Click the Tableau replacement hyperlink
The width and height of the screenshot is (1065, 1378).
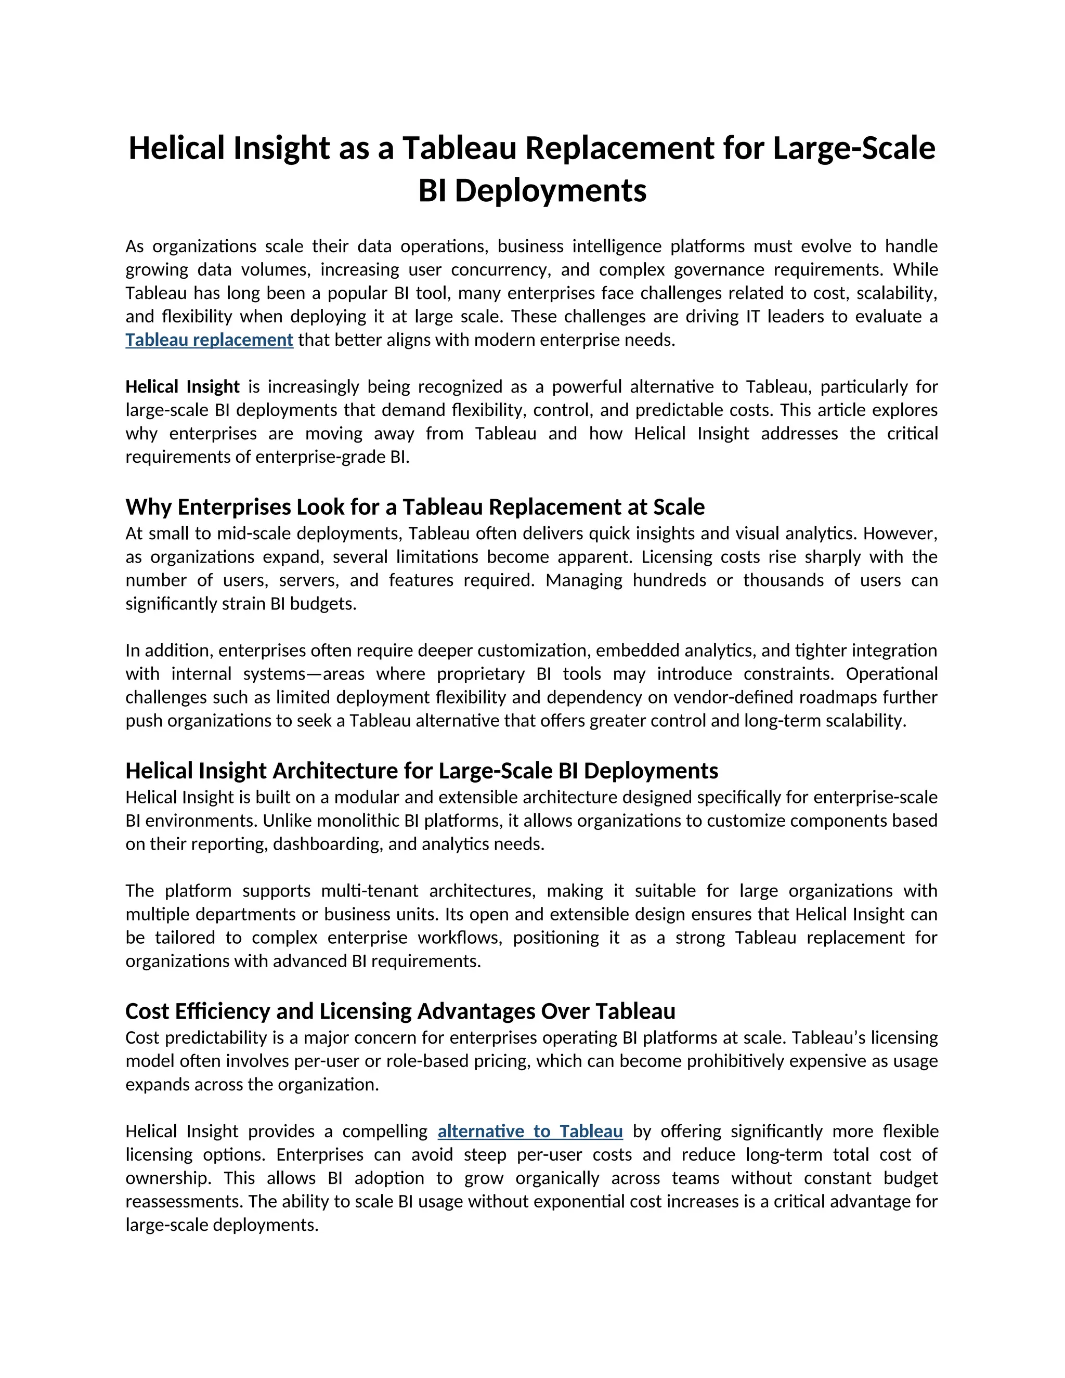click(209, 340)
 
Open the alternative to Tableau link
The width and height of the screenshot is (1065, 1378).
click(530, 1132)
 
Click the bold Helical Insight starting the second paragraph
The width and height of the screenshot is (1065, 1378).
click(183, 387)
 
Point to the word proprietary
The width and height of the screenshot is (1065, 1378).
click(481, 674)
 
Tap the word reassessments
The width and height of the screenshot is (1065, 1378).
click(184, 1201)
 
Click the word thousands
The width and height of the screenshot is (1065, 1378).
click(783, 580)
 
